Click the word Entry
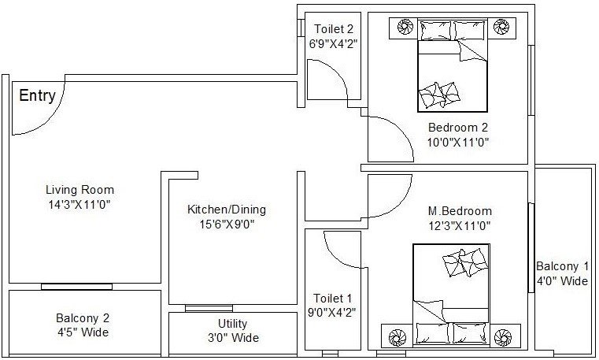37,96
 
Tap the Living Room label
79,190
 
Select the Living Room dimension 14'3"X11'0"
79,204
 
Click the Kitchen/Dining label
226,210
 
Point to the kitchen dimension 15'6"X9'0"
226,224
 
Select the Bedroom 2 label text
458,128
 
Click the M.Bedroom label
460,211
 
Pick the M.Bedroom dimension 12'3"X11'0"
460,225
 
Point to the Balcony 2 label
83,318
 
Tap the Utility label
233,324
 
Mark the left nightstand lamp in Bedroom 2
405,28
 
